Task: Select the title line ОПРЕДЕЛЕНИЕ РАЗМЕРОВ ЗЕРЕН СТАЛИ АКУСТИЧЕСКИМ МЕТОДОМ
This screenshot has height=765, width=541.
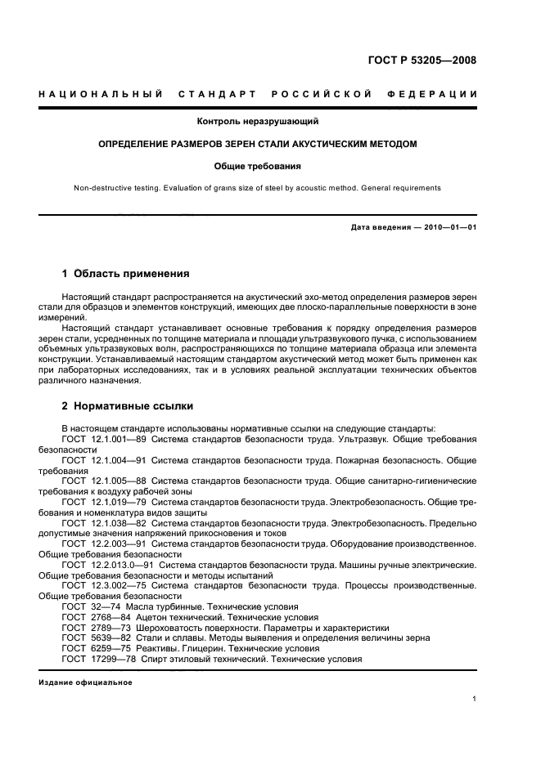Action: click(258, 144)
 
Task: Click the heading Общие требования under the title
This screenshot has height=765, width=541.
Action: click(258, 166)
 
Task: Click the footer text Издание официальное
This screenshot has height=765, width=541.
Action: click(85, 682)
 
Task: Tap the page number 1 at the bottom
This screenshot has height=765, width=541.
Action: click(475, 698)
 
